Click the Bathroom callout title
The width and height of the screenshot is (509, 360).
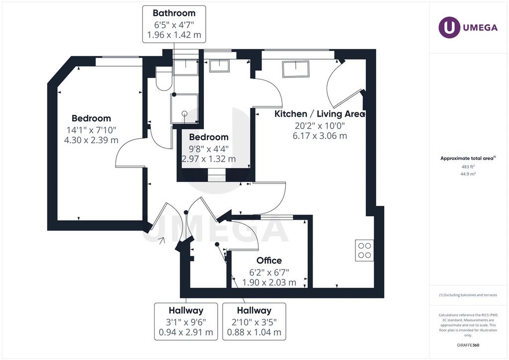click(x=174, y=13)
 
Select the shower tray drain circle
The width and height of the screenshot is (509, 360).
click(x=185, y=113)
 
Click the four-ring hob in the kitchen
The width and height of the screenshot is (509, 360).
click(x=364, y=250)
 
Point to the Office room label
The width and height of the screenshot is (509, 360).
click(x=269, y=261)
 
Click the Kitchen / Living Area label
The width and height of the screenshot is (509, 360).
click(x=320, y=114)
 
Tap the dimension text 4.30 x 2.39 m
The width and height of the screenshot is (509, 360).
click(x=91, y=140)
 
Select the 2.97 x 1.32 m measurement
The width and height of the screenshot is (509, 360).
click(x=209, y=159)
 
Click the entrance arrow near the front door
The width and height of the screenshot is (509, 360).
click(x=162, y=240)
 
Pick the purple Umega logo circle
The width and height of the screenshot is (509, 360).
click(x=449, y=27)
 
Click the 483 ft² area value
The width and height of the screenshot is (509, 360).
click(x=468, y=167)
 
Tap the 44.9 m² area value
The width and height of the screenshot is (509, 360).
click(x=468, y=174)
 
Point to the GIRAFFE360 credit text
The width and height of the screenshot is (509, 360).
click(x=468, y=345)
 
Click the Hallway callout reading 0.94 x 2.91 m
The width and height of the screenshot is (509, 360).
click(x=186, y=322)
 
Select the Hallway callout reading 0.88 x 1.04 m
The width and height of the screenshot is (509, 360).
click(x=254, y=322)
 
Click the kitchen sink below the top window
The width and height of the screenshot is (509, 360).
click(x=296, y=69)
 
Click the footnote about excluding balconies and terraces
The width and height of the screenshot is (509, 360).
click(x=468, y=295)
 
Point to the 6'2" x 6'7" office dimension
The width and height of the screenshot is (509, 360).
click(x=269, y=272)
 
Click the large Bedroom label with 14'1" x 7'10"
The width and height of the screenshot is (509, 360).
click(x=91, y=118)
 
